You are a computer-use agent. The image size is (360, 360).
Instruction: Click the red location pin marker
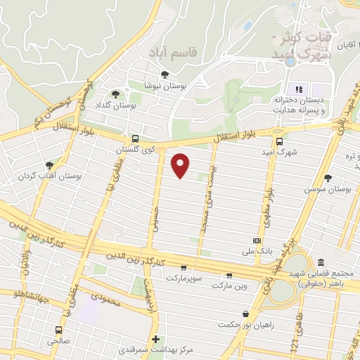(x=181, y=165)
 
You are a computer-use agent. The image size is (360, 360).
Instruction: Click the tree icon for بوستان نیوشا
(x=165, y=74)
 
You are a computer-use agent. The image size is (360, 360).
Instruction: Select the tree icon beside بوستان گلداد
(x=116, y=94)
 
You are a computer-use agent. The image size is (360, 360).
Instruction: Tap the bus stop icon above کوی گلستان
(x=134, y=139)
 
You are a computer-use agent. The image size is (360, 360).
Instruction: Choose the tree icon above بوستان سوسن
(x=328, y=178)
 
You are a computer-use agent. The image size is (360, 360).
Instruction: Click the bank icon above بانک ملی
(x=255, y=240)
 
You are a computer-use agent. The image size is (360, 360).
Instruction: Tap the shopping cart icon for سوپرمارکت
(x=184, y=267)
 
